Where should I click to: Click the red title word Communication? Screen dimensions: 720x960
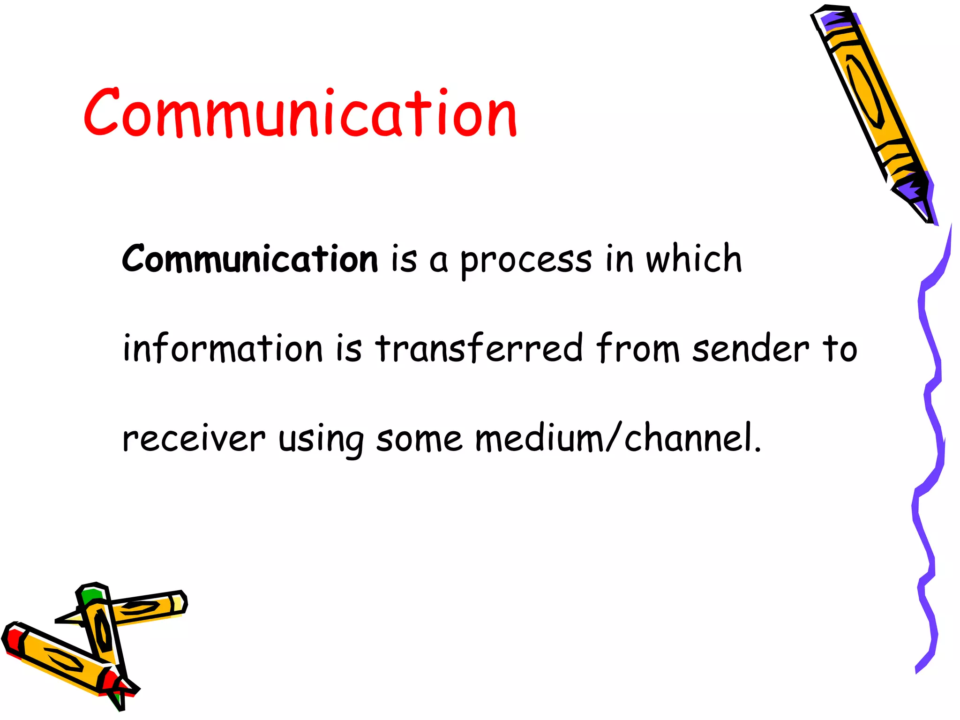[x=300, y=113]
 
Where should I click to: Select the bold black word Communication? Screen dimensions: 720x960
[x=250, y=259]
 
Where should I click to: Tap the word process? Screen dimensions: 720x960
[x=526, y=261]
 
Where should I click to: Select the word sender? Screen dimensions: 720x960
[x=751, y=349]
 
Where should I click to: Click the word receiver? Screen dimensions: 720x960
[x=194, y=440]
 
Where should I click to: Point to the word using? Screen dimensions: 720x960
[x=321, y=441]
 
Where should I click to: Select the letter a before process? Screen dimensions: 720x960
[x=438, y=262]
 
